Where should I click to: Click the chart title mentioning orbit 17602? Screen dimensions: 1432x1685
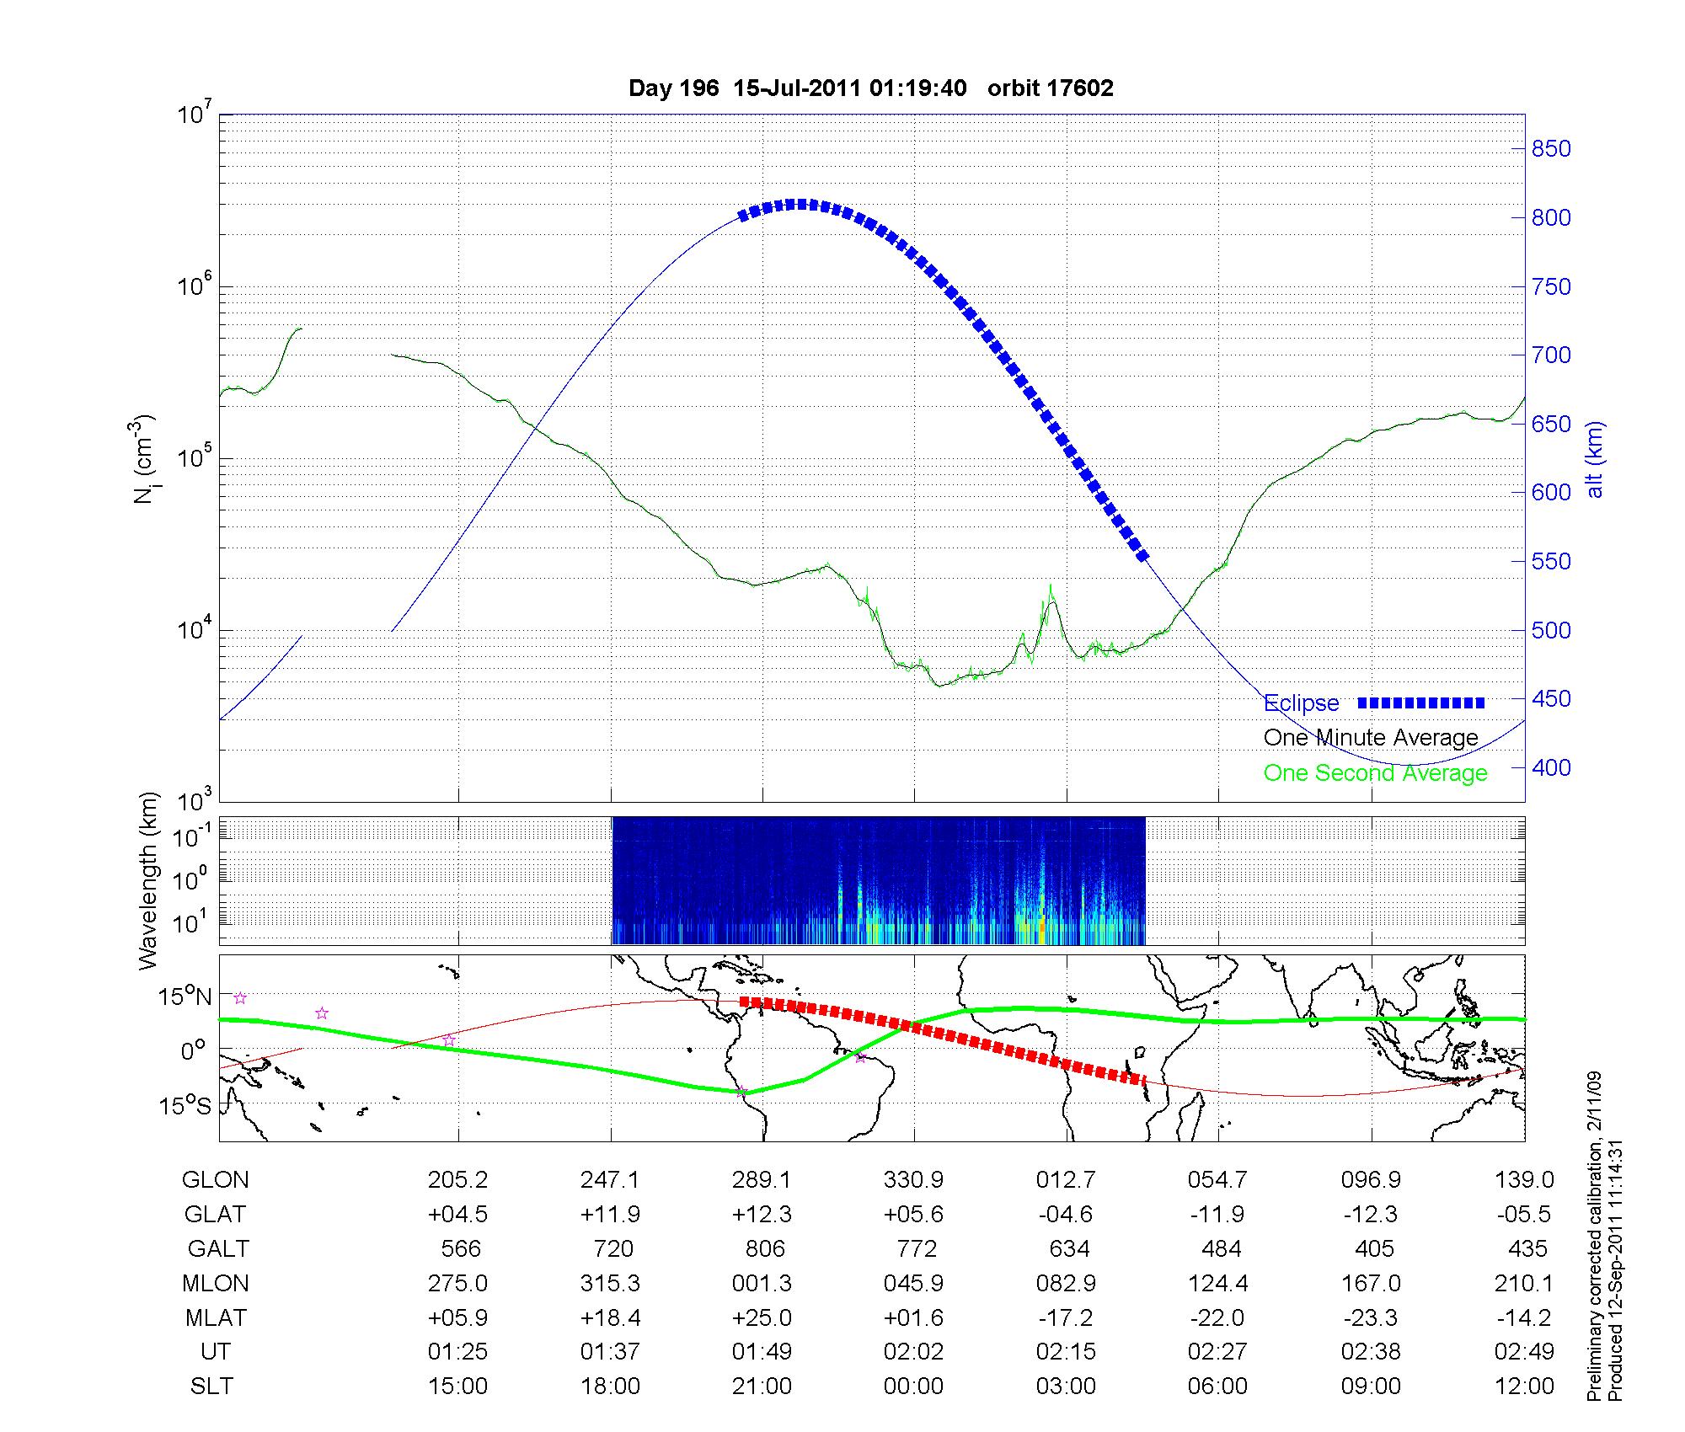871,88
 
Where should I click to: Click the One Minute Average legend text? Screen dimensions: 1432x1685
1371,738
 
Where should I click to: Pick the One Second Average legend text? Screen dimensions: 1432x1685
1375,773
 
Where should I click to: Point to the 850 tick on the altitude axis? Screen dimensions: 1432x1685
1551,149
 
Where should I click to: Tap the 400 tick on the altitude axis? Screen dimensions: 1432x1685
1551,767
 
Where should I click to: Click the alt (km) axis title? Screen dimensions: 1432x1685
1595,459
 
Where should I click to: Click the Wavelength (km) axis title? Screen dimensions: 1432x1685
148,880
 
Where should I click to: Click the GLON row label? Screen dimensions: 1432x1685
216,1179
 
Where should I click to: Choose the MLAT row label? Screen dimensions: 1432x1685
216,1317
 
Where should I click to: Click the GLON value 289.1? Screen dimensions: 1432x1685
762,1179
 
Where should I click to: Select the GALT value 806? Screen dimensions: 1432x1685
765,1248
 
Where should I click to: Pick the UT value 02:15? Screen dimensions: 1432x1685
1066,1351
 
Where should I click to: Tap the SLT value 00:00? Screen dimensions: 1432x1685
914,1386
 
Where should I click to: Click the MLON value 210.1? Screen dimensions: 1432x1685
1524,1283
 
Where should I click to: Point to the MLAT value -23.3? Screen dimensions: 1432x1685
1371,1317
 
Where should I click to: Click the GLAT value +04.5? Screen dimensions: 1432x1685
458,1214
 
